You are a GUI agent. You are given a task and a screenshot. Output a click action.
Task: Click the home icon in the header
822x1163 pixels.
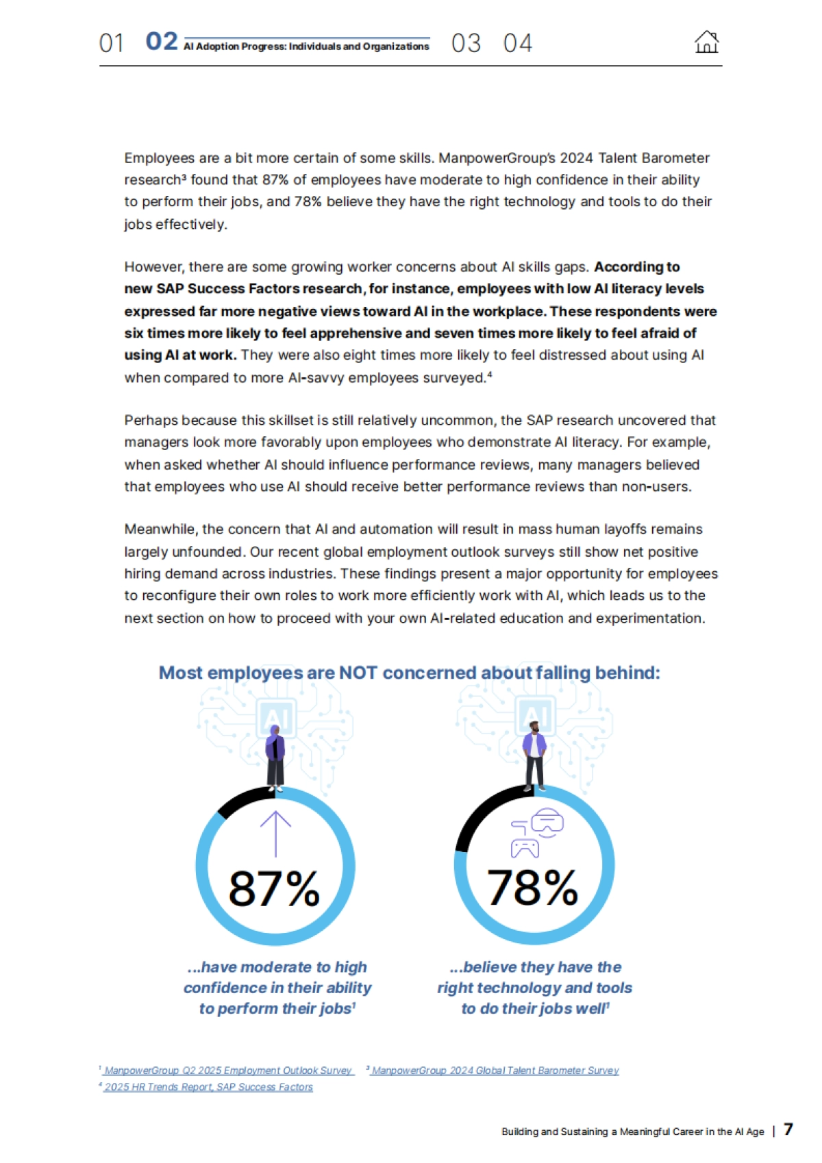coord(706,42)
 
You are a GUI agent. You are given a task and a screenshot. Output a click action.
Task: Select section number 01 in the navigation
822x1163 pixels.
coord(111,43)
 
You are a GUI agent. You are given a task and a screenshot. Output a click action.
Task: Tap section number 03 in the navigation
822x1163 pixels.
coord(466,43)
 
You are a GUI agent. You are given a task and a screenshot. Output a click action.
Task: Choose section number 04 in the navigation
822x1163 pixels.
coord(517,43)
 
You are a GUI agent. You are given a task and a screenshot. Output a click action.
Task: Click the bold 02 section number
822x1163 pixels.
coord(162,42)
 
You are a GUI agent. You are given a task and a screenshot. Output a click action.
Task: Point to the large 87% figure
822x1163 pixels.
coord(274,888)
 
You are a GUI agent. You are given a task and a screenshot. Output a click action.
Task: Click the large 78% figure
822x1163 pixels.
coord(532,888)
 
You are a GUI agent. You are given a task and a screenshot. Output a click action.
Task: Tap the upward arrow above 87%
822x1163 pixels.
coord(275,833)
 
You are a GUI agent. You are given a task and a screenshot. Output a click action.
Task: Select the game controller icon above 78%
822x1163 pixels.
coord(525,849)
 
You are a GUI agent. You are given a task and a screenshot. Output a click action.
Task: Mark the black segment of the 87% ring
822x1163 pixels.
coord(243,799)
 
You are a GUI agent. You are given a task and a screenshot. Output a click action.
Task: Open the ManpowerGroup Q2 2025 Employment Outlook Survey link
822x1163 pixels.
coord(228,1071)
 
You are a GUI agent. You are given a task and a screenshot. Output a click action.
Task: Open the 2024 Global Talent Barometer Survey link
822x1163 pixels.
coord(495,1071)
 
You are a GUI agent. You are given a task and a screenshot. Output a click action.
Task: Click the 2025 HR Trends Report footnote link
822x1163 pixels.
coord(208,1087)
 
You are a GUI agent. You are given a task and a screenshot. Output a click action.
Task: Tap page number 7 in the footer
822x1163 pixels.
coord(788,1129)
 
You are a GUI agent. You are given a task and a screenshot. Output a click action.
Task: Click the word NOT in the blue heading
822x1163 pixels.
coord(358,673)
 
